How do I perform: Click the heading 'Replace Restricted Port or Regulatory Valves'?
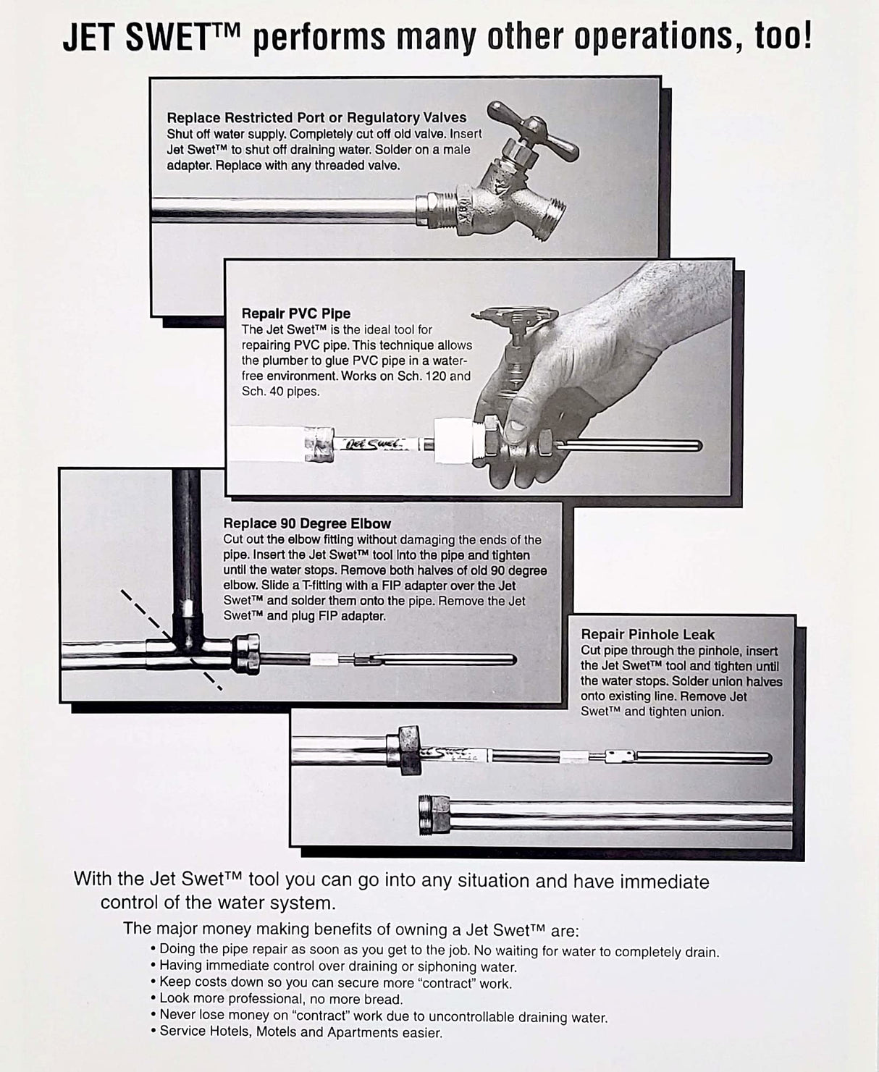pos(316,117)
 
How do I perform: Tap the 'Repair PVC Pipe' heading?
pos(295,313)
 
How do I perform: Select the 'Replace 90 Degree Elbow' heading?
pos(307,523)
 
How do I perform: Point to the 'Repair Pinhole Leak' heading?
pos(637,635)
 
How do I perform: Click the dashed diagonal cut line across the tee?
pos(171,638)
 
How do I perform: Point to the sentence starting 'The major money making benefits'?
pos(350,929)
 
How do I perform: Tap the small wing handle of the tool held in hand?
pos(516,316)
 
